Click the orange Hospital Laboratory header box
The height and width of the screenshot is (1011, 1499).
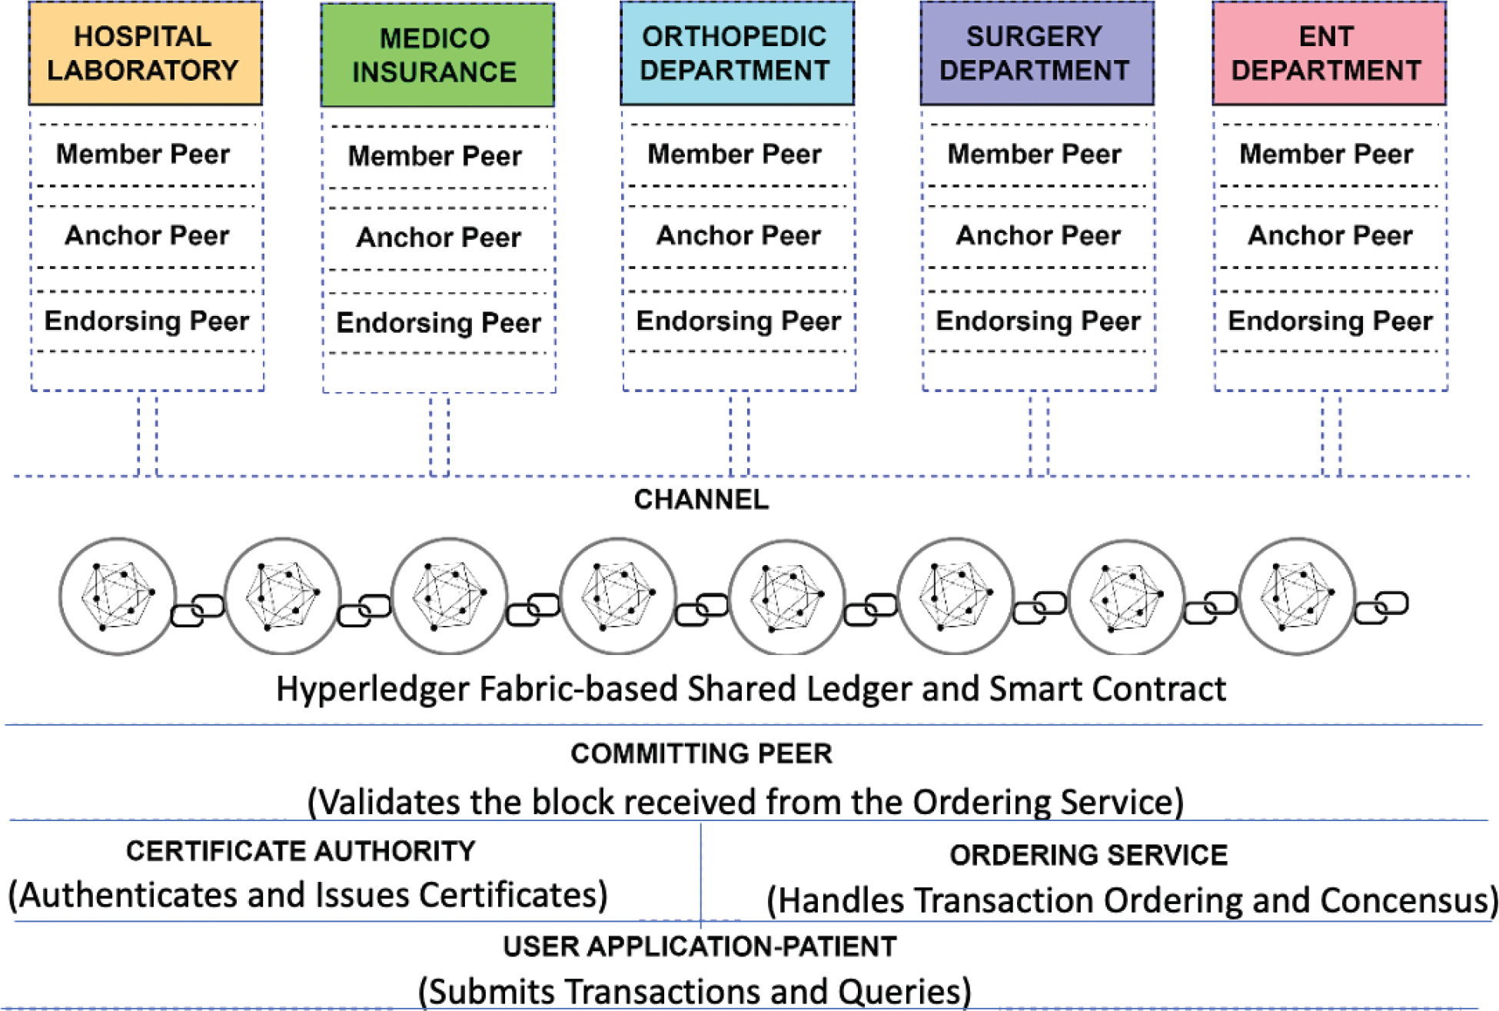click(145, 53)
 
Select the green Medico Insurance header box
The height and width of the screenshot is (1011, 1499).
click(437, 55)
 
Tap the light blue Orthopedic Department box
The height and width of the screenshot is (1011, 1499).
click(736, 53)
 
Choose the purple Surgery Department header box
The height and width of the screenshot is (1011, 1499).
click(1036, 53)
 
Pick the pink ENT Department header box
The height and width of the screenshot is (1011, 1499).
click(1328, 53)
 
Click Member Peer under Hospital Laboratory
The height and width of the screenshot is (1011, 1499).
click(143, 154)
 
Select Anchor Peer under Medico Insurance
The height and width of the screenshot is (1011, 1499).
click(438, 237)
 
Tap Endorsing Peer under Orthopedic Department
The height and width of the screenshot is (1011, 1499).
click(738, 321)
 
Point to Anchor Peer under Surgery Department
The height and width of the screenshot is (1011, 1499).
click(1038, 234)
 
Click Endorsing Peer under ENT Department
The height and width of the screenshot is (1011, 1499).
click(1330, 321)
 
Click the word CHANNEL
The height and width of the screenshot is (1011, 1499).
click(701, 500)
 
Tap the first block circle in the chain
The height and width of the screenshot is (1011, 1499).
click(118, 596)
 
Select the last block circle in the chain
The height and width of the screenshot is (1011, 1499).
click(1297, 596)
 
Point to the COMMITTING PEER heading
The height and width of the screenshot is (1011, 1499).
click(701, 753)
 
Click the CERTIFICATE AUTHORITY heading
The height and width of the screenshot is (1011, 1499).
click(301, 851)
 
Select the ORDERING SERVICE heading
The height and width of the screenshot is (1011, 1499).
click(1088, 855)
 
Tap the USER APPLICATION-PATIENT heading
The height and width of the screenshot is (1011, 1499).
click(700, 946)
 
